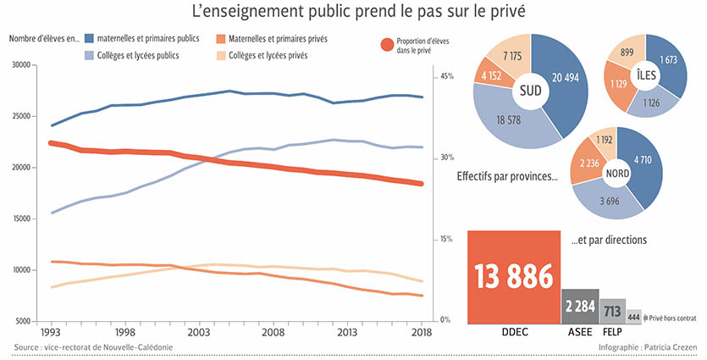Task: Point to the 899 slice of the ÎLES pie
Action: (x=627, y=53)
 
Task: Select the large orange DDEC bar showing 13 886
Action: (x=514, y=276)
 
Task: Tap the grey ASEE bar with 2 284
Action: (x=579, y=306)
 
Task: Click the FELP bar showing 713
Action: (x=612, y=311)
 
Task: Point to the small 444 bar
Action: (x=634, y=316)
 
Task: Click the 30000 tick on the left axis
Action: (x=19, y=65)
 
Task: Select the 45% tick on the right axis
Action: (x=445, y=76)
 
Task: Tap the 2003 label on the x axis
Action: (x=199, y=334)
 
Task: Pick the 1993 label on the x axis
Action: (x=51, y=334)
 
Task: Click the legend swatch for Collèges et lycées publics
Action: (x=89, y=55)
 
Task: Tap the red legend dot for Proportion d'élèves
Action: (x=387, y=44)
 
